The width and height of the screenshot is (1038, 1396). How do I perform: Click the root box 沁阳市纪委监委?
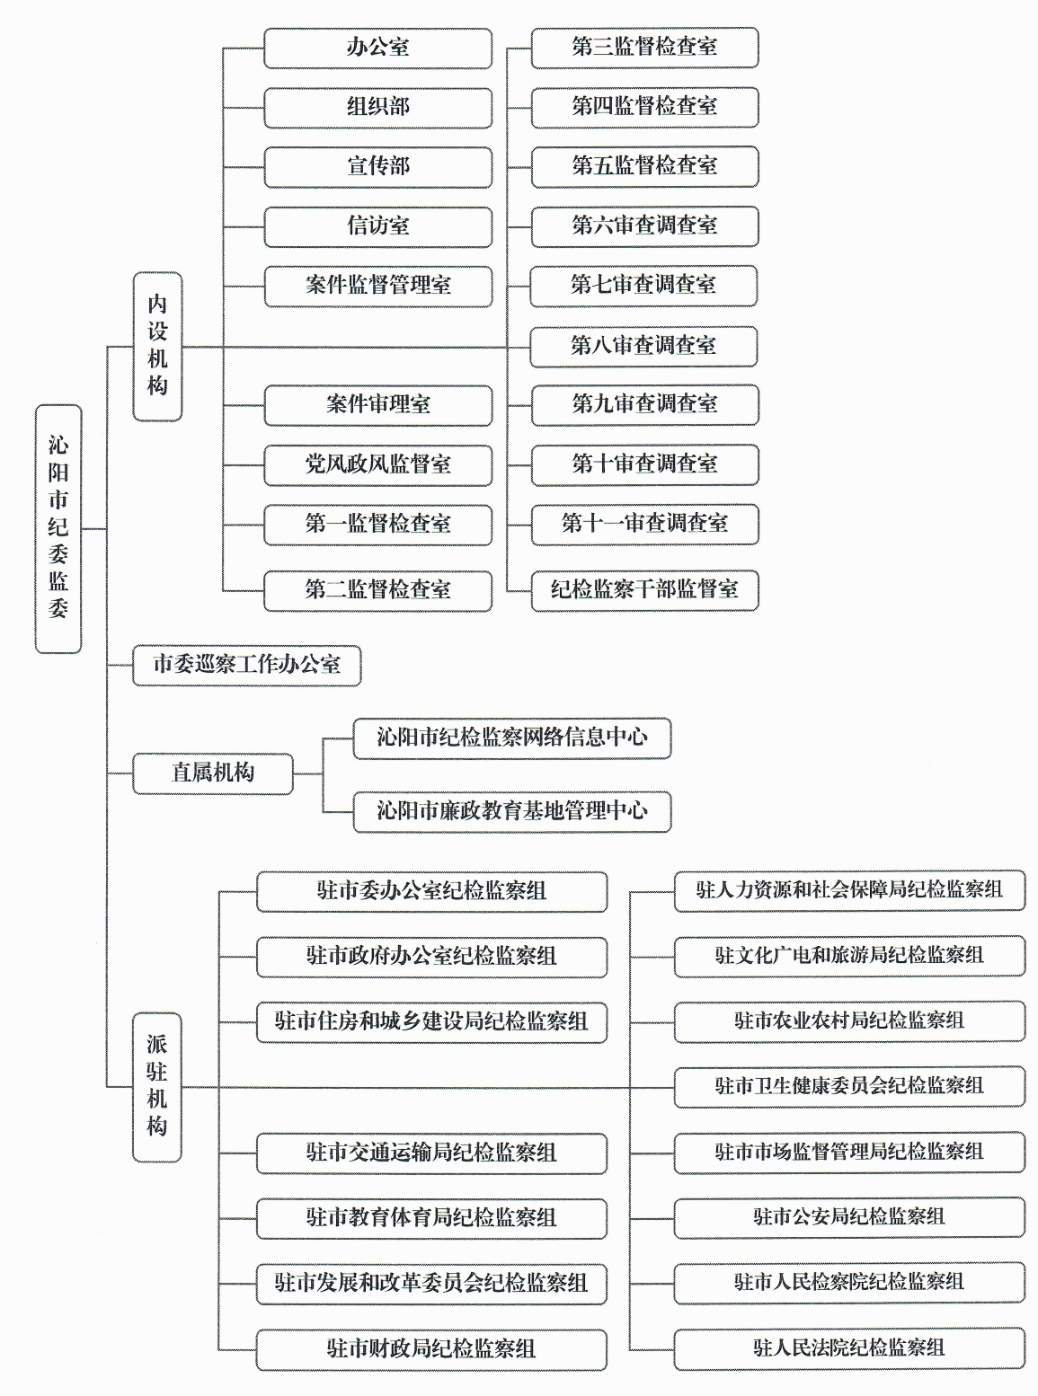pos(58,529)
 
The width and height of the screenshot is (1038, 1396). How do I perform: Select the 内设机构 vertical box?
pos(157,347)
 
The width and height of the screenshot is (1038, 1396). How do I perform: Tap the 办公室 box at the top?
pos(378,48)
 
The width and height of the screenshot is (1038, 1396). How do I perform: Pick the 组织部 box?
pos(378,108)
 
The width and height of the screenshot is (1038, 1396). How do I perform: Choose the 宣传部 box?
pos(378,167)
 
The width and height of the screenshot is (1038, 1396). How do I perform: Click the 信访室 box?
pos(378,226)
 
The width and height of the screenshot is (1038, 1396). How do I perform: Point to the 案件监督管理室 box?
pos(378,287)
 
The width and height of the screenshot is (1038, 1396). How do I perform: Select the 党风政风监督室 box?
pos(378,465)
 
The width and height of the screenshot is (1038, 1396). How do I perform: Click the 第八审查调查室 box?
pos(643,346)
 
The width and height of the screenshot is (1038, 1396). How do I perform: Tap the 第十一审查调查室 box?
pos(645,525)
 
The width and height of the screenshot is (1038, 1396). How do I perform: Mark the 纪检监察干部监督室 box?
pos(645,591)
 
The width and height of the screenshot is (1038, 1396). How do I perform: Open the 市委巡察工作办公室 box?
pos(247,666)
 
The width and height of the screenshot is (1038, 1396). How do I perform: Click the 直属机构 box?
pos(213,773)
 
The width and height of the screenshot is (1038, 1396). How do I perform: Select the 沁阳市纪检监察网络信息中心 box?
pos(512,738)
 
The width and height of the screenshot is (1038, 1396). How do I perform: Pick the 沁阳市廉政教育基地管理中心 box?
pos(512,812)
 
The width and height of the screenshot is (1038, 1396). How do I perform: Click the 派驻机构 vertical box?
pos(157,1087)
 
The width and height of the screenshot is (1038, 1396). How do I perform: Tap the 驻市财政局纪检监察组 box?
pos(431,1349)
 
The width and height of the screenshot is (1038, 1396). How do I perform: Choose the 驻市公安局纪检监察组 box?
pos(849,1217)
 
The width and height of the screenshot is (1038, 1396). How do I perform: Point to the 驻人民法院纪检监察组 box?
pos(849,1348)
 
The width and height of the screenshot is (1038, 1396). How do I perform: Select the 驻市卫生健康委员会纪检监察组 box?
pos(849,1086)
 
